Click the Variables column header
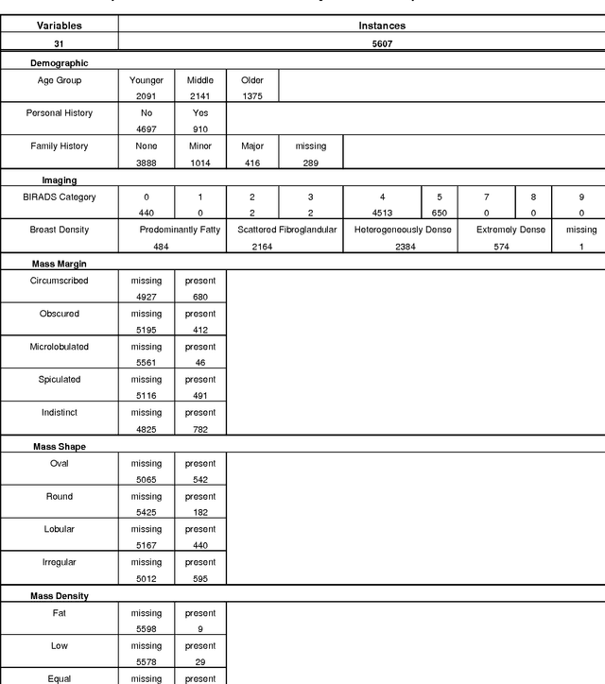tap(59, 26)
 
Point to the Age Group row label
tap(59, 81)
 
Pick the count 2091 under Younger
tap(146, 96)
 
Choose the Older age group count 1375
tap(252, 96)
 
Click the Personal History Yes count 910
tap(199, 128)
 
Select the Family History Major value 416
tap(252, 162)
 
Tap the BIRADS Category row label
tap(59, 197)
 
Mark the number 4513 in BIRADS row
tap(382, 213)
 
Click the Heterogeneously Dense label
tap(402, 230)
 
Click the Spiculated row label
tap(59, 379)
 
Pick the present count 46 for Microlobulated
tap(199, 362)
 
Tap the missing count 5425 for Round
tap(146, 512)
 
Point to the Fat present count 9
tap(199, 628)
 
